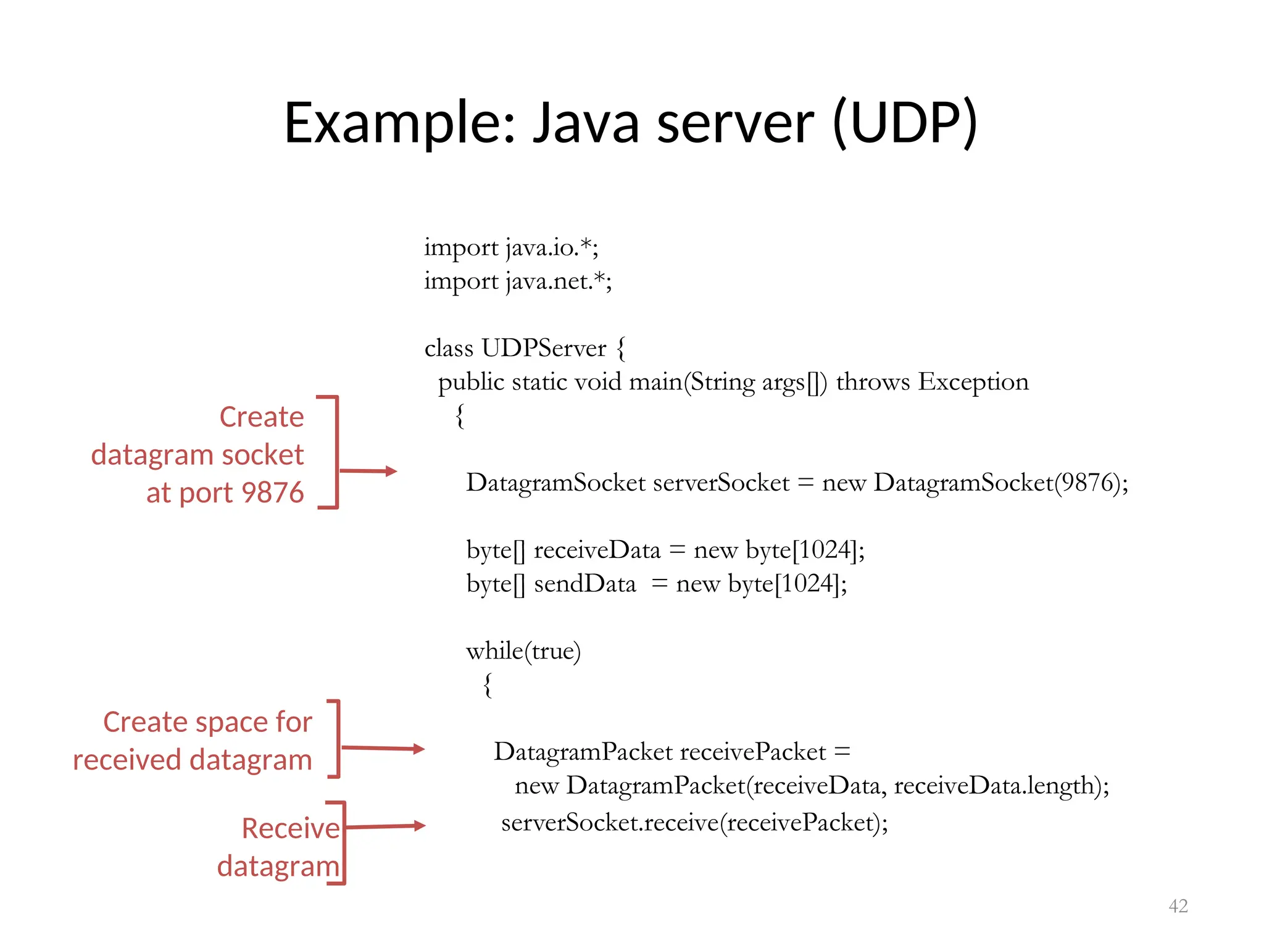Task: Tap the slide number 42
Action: [x=1178, y=905]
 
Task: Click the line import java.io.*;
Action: [x=511, y=247]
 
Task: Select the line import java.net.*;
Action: [x=518, y=281]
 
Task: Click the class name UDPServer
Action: [x=543, y=348]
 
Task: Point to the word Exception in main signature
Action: [x=973, y=382]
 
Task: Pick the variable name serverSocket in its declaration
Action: [x=721, y=483]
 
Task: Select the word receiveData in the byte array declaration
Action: [x=597, y=550]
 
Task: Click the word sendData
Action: [x=584, y=584]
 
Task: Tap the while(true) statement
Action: [x=523, y=651]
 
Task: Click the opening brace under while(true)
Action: [x=488, y=685]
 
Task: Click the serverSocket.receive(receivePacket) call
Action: [x=694, y=823]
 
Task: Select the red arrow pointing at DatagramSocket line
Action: [x=368, y=471]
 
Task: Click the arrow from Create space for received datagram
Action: [x=383, y=749]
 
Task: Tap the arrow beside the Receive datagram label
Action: [x=386, y=826]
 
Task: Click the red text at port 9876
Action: [x=225, y=493]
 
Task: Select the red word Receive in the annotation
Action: [x=290, y=828]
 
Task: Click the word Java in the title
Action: [x=586, y=123]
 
